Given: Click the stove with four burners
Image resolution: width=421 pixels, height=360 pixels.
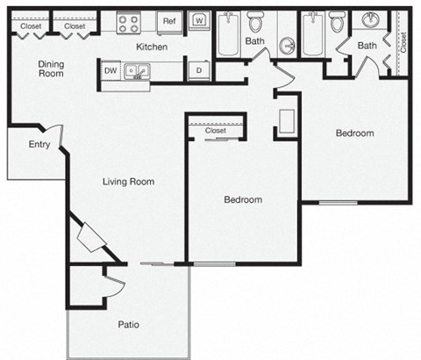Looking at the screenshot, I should (x=128, y=23).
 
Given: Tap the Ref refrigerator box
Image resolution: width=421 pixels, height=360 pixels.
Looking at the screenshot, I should (x=168, y=20).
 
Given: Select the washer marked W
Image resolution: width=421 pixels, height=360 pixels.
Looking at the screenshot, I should (x=198, y=20).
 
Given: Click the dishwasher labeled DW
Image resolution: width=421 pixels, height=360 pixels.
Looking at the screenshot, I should (x=111, y=70).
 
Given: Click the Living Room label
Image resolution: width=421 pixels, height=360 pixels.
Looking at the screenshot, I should (x=128, y=182).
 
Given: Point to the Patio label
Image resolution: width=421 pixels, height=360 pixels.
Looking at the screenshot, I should (x=128, y=324).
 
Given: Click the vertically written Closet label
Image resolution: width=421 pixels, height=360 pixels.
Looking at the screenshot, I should (x=403, y=42).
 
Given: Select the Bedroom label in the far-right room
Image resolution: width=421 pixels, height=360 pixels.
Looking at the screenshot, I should (x=354, y=133).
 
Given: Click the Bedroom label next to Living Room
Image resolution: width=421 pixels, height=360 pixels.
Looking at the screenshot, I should (x=243, y=199).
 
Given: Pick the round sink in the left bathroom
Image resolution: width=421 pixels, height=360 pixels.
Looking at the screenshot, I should (x=288, y=46).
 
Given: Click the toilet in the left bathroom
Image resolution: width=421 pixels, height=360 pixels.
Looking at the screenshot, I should (x=255, y=21).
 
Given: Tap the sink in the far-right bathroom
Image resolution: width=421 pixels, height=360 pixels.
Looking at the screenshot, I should (x=369, y=20).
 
